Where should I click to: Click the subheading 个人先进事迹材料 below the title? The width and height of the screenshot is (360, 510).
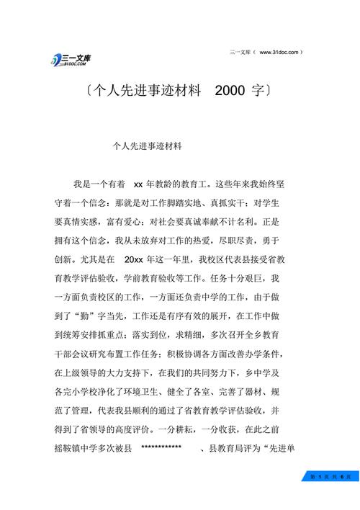coord(148,145)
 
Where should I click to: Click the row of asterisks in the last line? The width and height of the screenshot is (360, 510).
coord(161,448)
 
